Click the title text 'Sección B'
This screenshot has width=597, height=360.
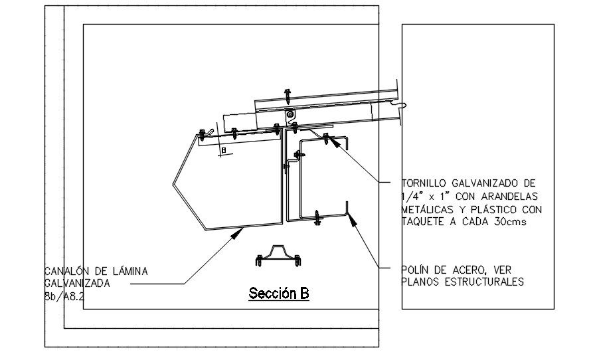tap(279, 293)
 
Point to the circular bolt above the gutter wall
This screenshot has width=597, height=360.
tap(291, 115)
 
